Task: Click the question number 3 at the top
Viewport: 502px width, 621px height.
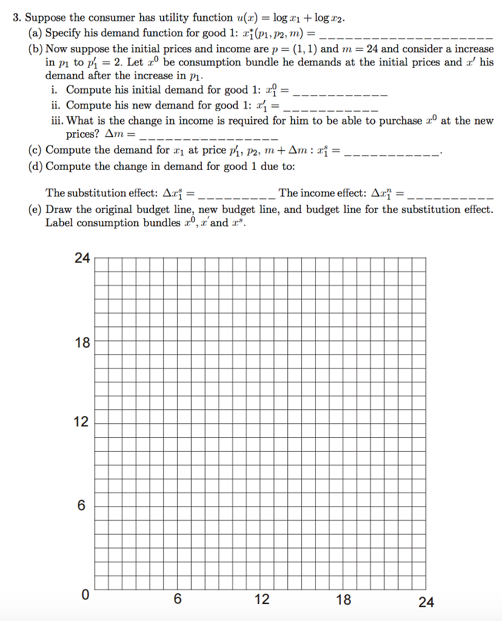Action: click(x=16, y=18)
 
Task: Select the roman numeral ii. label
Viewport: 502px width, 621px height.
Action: click(x=56, y=105)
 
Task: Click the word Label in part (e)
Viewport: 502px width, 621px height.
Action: click(x=59, y=223)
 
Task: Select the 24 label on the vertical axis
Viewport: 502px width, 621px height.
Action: click(x=82, y=258)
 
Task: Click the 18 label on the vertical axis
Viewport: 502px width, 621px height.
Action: click(x=82, y=343)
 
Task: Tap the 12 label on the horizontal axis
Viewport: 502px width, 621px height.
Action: click(x=262, y=600)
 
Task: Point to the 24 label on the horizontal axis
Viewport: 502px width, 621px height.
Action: click(x=426, y=602)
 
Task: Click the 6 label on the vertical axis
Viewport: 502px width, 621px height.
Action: click(x=81, y=505)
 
